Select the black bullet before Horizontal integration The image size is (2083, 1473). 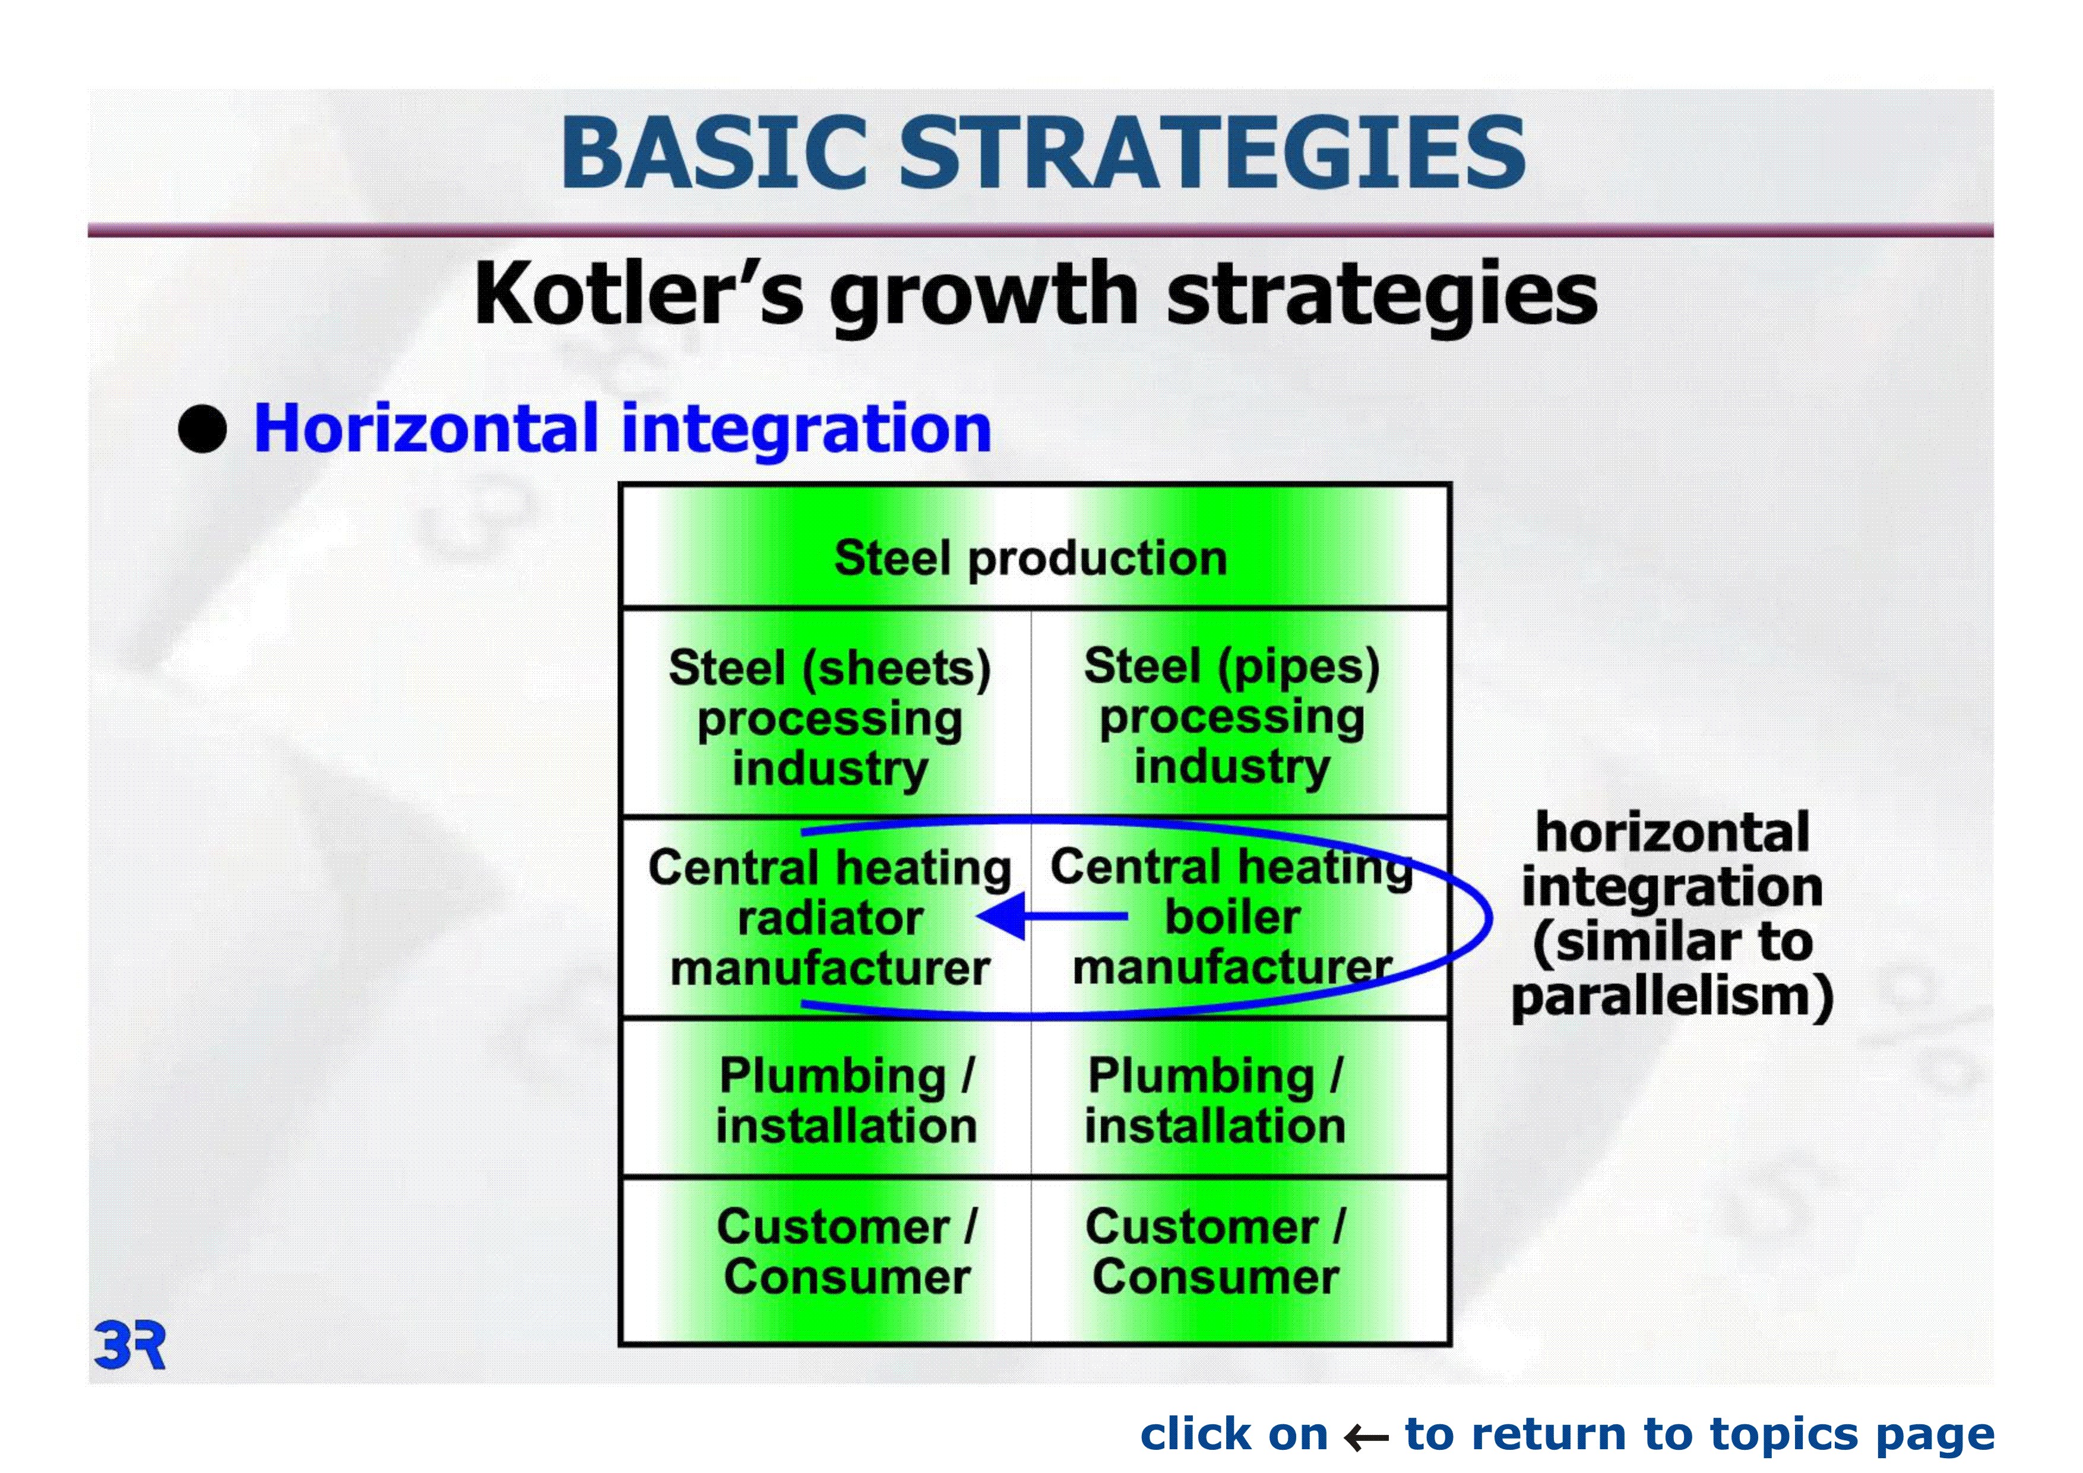(202, 428)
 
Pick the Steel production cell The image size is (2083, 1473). (1034, 547)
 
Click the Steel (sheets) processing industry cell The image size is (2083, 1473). (827, 713)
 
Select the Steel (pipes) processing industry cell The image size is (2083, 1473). (1239, 713)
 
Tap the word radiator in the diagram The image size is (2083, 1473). (830, 918)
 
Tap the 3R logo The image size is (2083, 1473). (129, 1346)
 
